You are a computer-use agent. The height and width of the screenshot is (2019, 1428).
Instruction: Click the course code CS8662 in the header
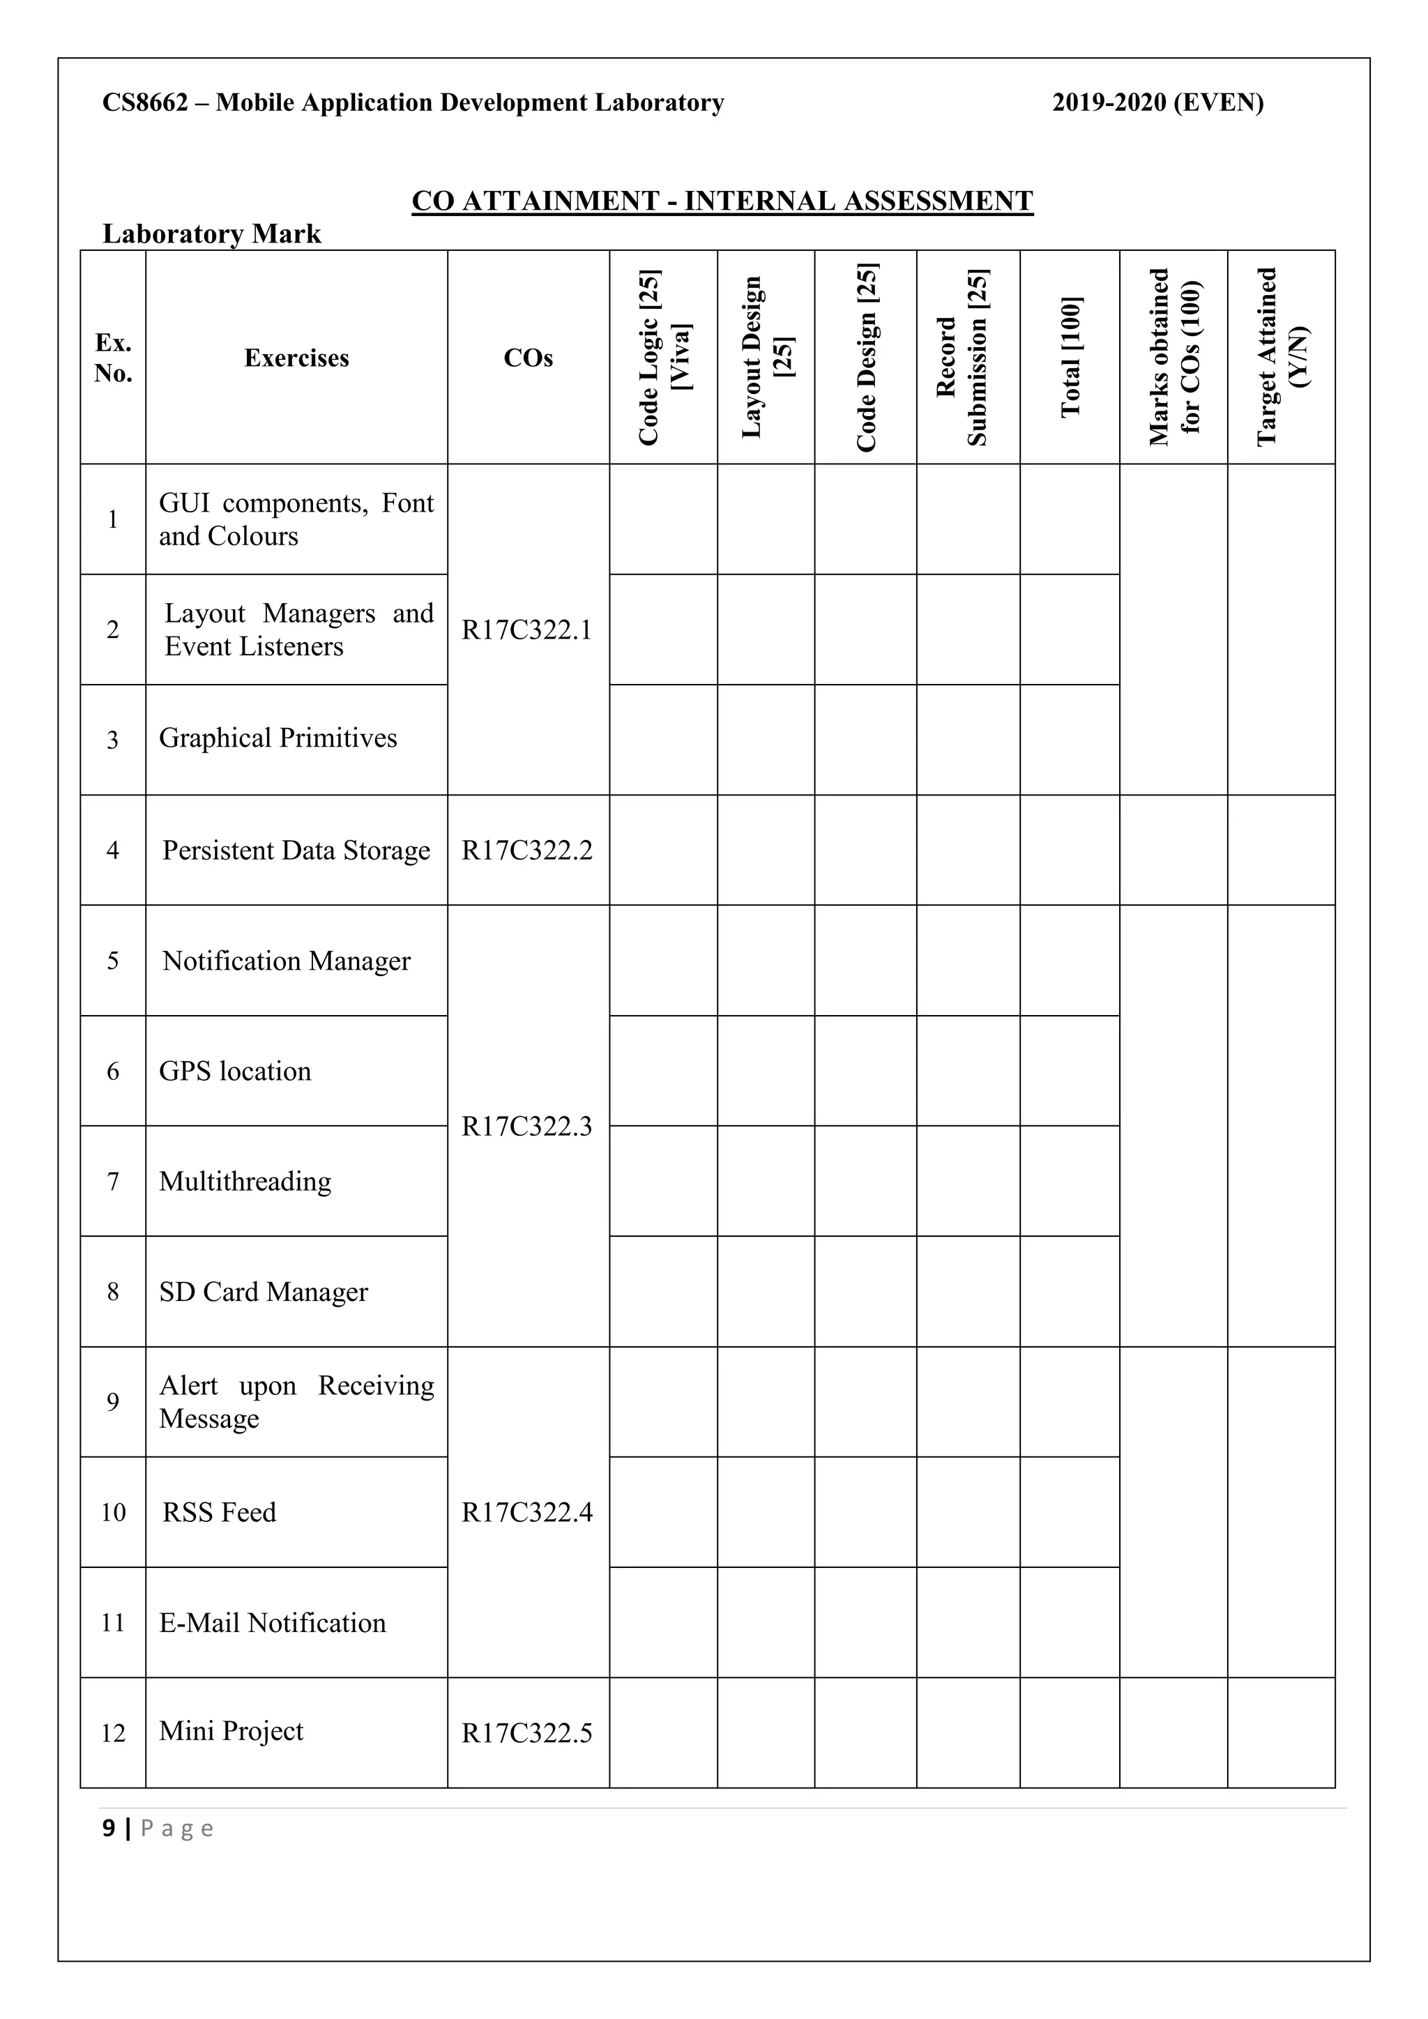[145, 103]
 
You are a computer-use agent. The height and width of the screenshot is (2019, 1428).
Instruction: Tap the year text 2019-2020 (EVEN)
[1157, 103]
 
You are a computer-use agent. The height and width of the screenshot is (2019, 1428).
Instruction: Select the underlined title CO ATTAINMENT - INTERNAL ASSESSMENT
[722, 201]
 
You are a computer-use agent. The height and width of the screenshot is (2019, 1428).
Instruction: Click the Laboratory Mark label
[212, 234]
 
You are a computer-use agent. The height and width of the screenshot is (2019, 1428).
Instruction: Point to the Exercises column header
[296, 358]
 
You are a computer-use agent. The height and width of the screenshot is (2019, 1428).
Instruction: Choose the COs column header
[528, 358]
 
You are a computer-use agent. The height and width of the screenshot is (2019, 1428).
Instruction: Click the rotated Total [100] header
[1070, 357]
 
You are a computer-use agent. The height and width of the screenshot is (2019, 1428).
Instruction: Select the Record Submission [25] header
[967, 357]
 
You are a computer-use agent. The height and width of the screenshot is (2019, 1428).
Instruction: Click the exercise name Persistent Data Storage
[296, 851]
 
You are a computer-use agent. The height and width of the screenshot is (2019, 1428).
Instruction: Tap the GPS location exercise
[235, 1071]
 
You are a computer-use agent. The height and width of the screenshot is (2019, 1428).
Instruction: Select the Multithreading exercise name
[245, 1181]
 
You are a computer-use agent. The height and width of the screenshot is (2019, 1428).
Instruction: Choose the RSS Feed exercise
[219, 1511]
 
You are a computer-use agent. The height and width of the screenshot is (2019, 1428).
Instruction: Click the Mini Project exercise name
[231, 1730]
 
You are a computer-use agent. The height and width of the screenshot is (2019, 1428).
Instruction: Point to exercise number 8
[112, 1292]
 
